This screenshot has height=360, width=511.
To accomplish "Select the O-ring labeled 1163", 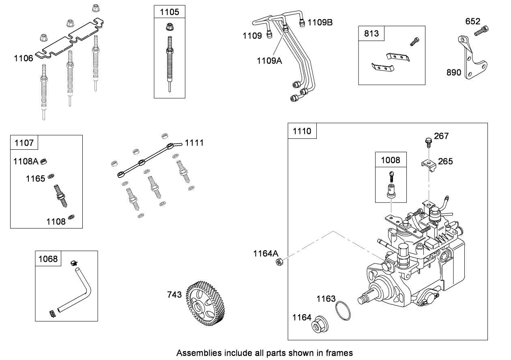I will pos(344,312).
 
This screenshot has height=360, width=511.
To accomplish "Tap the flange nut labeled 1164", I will pos(319,323).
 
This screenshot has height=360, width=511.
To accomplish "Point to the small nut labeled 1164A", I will pos(279,262).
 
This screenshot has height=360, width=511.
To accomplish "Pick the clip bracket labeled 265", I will pos(428,165).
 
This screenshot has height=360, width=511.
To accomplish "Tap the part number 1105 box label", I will pos(169,12).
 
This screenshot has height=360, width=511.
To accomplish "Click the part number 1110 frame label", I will pos(302,131).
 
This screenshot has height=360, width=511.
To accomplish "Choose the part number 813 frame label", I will pos(371,33).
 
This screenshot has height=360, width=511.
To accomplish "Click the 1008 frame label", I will pos(390,160).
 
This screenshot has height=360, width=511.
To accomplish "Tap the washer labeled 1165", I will pos(52,176).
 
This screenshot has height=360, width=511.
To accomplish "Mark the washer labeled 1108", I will pos(71,217).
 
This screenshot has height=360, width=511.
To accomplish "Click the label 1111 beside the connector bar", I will pos(194,142).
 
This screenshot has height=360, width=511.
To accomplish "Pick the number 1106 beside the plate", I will pos(24,58).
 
